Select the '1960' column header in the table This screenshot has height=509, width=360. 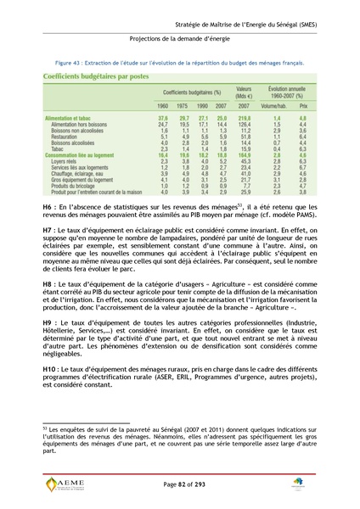pyautogui.click(x=163, y=105)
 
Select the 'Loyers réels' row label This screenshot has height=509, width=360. pyautogui.click(x=66, y=161)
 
